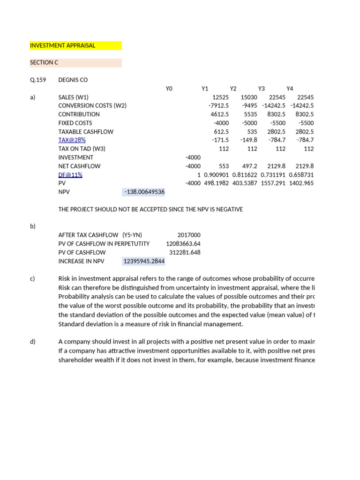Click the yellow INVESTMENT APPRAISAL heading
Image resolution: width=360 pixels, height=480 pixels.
(x=62, y=45)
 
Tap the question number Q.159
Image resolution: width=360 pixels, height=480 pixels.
(x=38, y=80)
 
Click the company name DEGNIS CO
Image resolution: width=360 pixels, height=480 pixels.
(x=73, y=80)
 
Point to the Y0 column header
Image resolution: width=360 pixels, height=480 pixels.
(x=169, y=89)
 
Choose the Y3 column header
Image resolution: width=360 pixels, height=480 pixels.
(x=262, y=89)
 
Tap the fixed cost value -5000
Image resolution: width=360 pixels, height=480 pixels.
(x=249, y=123)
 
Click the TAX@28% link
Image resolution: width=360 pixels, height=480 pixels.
(x=72, y=140)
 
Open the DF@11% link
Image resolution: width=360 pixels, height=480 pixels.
(x=70, y=175)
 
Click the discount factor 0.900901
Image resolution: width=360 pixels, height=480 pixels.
(x=216, y=175)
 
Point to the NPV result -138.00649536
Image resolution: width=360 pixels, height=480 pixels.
(x=144, y=192)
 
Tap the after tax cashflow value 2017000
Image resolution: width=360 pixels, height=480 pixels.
(x=189, y=235)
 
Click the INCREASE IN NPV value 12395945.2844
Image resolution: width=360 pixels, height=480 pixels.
(x=144, y=261)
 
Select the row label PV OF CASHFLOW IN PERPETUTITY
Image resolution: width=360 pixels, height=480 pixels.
(x=104, y=244)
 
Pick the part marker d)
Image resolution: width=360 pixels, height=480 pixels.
(x=33, y=342)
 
